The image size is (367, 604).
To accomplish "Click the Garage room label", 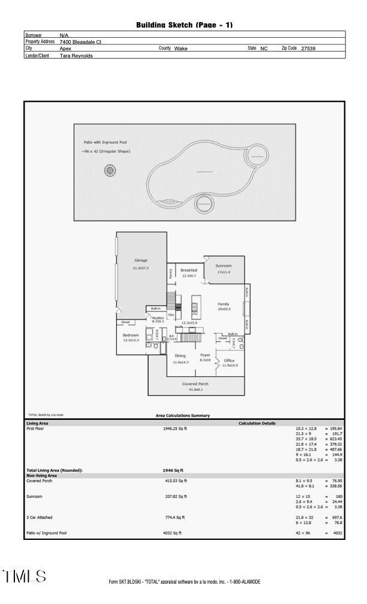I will (141, 261).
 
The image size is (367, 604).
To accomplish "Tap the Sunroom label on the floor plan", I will (224, 265).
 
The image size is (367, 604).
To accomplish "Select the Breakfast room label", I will (189, 270).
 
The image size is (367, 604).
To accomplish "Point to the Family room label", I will (223, 304).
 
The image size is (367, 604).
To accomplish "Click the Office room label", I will (229, 361).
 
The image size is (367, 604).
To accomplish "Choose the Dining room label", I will (180, 356).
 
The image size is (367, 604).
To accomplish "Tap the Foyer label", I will (205, 355).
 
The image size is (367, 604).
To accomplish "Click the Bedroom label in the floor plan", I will (131, 335).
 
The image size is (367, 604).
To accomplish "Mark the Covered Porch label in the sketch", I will (195, 383).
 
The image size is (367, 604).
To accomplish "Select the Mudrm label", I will (158, 318).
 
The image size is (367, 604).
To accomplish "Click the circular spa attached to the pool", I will (257, 156).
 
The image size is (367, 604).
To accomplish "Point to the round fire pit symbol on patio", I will (110, 171).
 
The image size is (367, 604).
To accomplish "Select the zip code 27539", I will (308, 49).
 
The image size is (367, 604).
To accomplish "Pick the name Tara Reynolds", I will (76, 56).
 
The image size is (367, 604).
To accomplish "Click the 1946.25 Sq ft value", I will (175, 428).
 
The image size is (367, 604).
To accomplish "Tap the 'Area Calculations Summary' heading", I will (183, 415).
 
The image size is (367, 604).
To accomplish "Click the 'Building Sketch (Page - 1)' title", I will (184, 25).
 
